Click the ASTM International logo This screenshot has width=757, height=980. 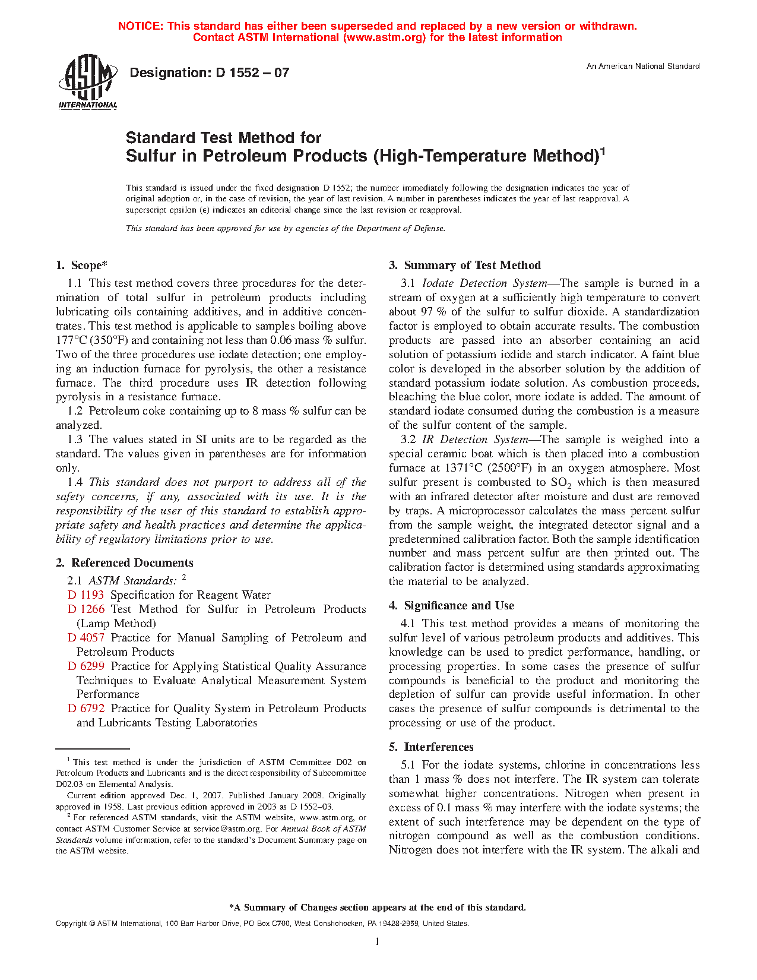click(87, 82)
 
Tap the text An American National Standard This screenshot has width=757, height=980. click(643, 67)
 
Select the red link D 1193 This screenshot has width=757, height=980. click(85, 595)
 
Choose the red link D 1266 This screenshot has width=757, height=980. click(85, 609)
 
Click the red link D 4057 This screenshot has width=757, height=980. click(85, 638)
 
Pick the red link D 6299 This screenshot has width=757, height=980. click(85, 666)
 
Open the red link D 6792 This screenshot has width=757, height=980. click(85, 709)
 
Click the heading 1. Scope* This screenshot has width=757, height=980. click(82, 265)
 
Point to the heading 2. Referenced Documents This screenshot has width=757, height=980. click(125, 563)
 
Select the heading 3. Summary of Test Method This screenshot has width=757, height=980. click(465, 265)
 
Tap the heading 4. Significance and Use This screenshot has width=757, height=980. click(452, 606)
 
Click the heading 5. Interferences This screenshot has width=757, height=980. click(432, 747)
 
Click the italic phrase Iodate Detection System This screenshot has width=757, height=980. click(484, 283)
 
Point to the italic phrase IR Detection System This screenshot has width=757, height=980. click(475, 440)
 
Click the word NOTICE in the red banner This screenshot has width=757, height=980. click(140, 26)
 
